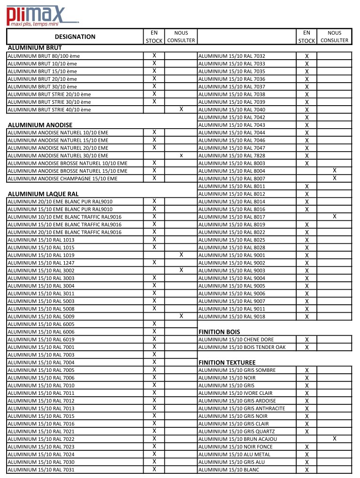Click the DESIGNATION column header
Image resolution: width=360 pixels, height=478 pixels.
coord(75,37)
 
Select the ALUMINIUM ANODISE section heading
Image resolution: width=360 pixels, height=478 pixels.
coord(40,125)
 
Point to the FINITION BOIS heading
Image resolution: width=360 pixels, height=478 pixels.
coord(219,332)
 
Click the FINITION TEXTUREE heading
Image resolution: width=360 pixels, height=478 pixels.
coord(227,362)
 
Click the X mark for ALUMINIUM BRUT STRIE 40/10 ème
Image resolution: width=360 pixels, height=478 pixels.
coord(181,109)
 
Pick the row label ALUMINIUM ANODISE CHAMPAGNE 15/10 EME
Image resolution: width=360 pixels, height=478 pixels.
coord(62,178)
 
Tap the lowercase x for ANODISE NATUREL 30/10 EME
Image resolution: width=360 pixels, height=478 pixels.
coord(181,155)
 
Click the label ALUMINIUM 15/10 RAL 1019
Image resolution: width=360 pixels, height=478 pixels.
coord(41,255)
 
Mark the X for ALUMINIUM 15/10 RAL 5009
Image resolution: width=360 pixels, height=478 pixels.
coord(181,316)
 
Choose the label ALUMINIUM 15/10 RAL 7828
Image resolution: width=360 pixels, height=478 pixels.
coord(232,155)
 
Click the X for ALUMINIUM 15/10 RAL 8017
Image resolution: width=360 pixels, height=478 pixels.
coord(335,216)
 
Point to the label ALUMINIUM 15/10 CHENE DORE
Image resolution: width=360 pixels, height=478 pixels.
coord(236,339)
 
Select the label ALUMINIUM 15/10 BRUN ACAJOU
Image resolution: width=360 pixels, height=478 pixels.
coord(237,439)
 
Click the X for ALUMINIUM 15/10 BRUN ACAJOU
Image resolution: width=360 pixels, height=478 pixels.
coord(335,439)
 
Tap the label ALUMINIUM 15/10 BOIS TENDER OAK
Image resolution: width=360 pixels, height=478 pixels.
coord(242,347)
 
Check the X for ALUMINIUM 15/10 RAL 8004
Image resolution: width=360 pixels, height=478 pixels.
coord(335,170)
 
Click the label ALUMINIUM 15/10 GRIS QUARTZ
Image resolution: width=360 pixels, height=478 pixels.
coord(237,432)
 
